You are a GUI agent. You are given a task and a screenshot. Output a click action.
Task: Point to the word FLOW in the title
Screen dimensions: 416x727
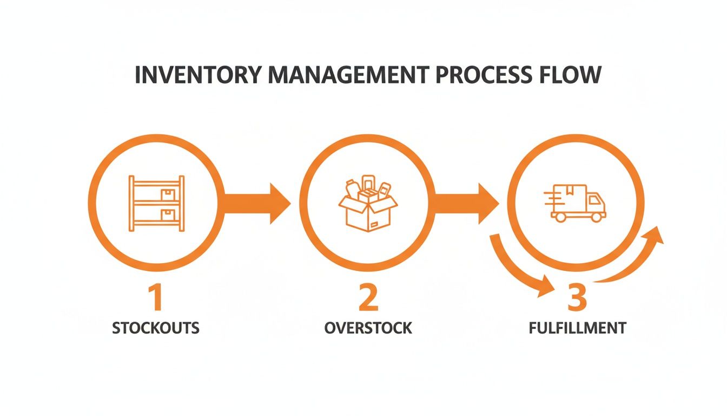coord(575,75)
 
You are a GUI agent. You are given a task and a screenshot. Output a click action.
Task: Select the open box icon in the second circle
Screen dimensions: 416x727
coord(367,203)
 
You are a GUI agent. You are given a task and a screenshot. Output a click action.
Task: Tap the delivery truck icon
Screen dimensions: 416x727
coord(578,203)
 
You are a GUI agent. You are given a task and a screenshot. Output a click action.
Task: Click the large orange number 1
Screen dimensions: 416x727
coord(155,298)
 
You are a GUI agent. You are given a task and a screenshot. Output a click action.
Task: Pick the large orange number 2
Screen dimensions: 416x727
coord(368,298)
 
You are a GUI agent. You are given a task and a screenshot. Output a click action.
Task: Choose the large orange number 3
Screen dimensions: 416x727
coord(577,298)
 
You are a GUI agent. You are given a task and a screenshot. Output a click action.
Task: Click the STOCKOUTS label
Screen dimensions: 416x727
coord(156,328)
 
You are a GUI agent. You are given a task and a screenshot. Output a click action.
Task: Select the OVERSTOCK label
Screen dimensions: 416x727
coord(368,328)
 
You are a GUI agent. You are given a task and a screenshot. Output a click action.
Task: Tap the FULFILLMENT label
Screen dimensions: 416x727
coord(577,328)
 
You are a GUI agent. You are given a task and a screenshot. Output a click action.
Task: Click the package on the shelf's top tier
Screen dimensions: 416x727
coord(168,193)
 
